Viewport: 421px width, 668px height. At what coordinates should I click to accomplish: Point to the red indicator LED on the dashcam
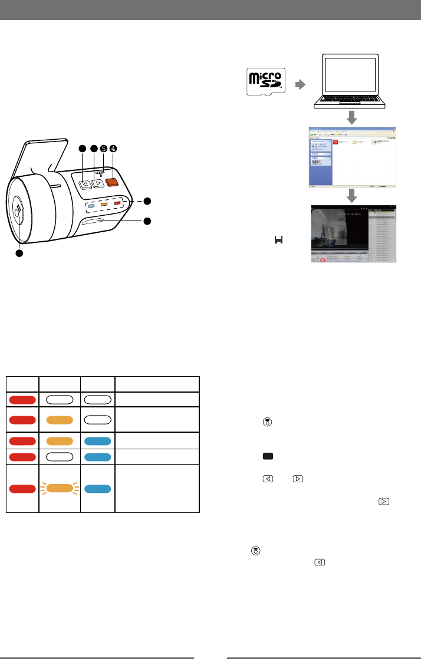(x=117, y=203)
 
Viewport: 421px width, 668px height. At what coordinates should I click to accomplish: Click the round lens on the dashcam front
(x=19, y=210)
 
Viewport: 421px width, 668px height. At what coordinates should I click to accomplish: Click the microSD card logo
(x=265, y=83)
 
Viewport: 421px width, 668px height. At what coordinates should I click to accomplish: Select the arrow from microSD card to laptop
(x=301, y=84)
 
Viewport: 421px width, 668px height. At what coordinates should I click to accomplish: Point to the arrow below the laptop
(x=351, y=118)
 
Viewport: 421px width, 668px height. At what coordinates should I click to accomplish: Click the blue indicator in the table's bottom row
(x=98, y=488)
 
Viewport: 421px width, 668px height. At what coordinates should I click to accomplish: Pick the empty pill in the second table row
(x=98, y=419)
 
